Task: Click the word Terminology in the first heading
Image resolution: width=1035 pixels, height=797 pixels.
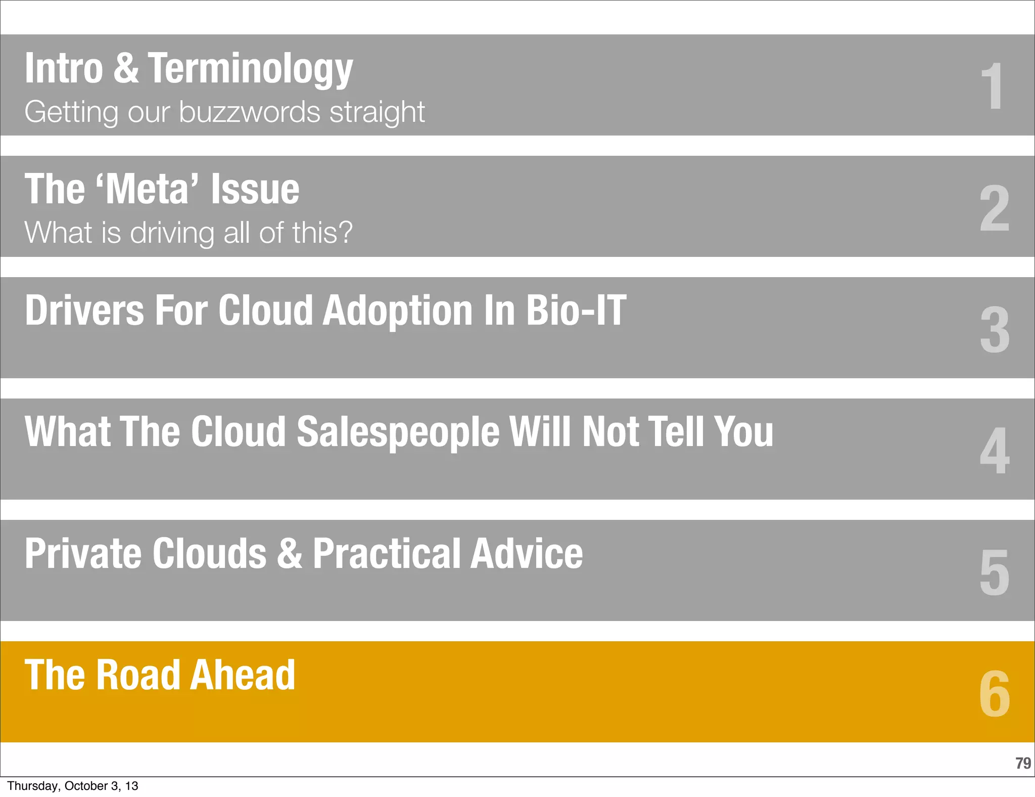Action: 250,69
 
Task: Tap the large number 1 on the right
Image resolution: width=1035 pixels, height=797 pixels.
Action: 992,86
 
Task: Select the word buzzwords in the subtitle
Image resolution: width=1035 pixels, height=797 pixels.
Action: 250,112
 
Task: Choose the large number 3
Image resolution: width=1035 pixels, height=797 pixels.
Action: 995,330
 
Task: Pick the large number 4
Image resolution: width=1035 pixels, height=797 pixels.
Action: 995,451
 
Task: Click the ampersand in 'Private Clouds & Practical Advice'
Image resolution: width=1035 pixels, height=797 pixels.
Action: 290,553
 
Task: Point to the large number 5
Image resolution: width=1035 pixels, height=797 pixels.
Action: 994,572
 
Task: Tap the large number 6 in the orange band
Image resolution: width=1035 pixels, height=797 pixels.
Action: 994,693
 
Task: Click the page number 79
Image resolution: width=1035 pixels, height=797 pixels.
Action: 1023,763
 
